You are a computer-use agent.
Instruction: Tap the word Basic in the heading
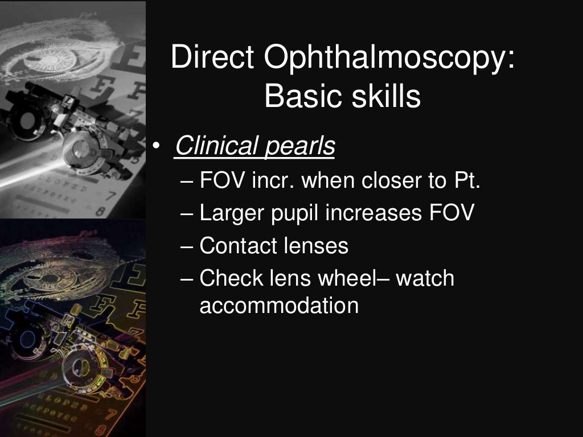299,96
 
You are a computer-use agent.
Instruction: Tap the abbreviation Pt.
466,182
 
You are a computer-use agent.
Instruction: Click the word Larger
231,215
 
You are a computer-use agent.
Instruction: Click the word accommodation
279,306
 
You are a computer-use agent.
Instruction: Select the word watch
425,279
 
